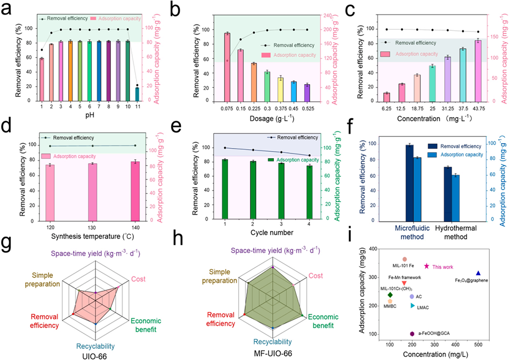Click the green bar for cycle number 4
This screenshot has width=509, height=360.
coord(309,192)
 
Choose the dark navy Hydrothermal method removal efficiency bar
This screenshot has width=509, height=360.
coord(448,194)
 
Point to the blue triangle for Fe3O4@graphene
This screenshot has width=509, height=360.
coord(478,273)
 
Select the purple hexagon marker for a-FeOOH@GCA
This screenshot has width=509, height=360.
coord(412,334)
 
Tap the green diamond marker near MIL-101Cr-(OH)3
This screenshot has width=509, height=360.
coord(390,294)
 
